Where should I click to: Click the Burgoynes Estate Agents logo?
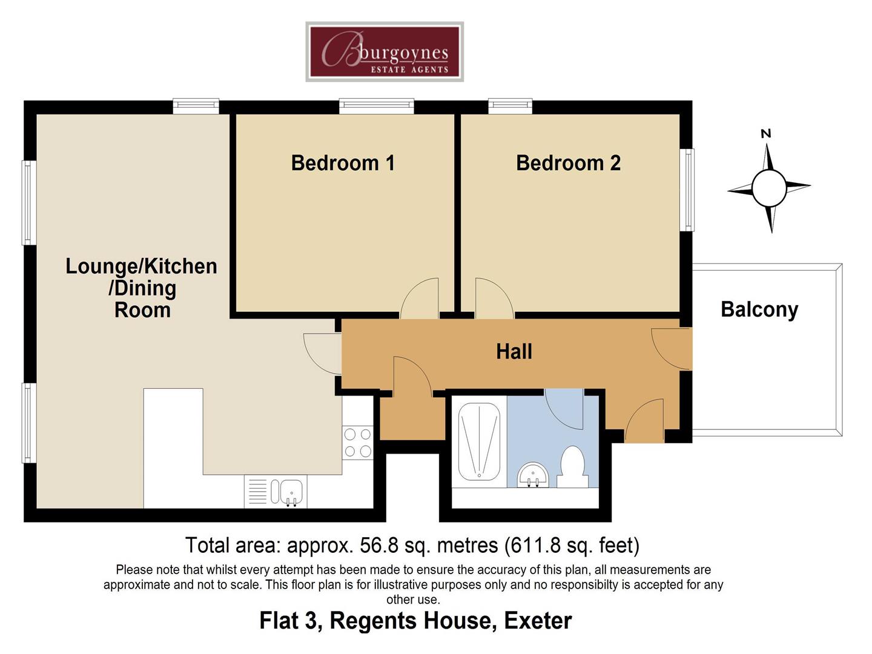coord(385,52)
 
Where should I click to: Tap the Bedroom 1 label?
coord(343,163)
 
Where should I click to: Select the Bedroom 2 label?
coord(568,163)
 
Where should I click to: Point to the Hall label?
coord(514,351)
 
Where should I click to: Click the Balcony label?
coord(759,309)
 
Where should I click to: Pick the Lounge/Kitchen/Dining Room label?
coord(141,288)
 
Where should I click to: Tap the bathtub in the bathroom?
coord(479,441)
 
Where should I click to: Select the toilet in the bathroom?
coord(572,467)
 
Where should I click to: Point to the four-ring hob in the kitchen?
coord(357,443)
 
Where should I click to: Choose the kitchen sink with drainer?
coord(276,491)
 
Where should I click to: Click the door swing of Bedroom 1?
coord(420,299)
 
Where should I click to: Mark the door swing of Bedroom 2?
coord(494,299)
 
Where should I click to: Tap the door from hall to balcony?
coord(672,348)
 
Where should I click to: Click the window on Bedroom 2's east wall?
coord(689,190)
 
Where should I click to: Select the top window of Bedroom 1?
coord(377,107)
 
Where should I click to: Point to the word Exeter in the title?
coord(538,621)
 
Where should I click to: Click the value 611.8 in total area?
coord(534,546)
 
